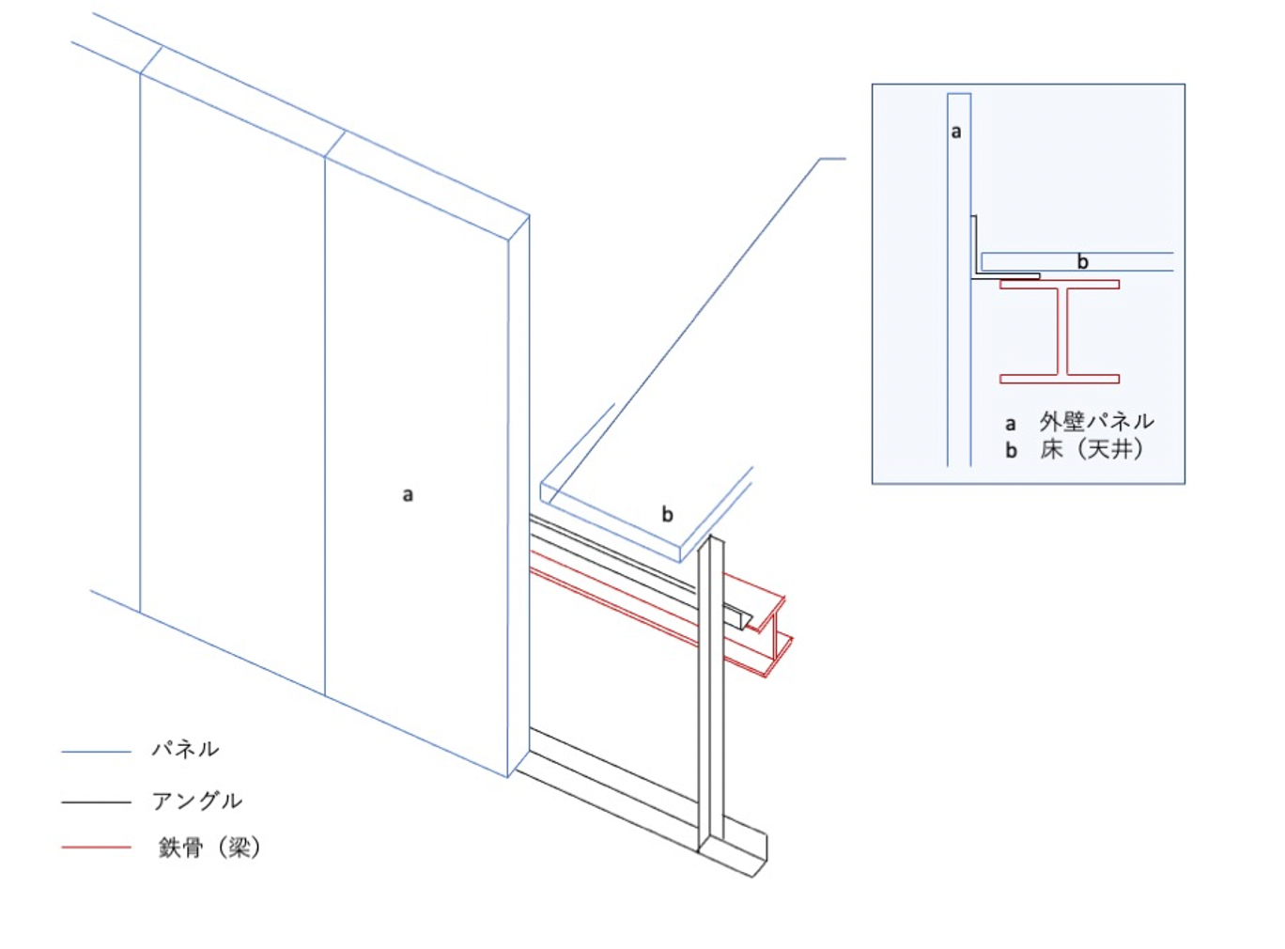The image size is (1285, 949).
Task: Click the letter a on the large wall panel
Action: (x=408, y=495)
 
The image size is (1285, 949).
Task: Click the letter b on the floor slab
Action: (x=668, y=515)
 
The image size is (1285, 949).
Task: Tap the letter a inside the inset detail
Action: (x=956, y=132)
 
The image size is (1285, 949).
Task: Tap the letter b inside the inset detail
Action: (x=1083, y=262)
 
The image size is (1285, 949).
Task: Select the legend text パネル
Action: (x=186, y=750)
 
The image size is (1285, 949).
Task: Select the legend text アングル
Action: (x=197, y=801)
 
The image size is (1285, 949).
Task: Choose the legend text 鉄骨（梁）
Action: (x=209, y=848)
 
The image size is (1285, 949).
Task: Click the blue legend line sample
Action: (x=96, y=752)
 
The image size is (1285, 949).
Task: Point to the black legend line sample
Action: (x=96, y=802)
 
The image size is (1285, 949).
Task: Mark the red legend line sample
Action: (x=96, y=848)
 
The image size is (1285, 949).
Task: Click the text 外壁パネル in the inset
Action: (x=1096, y=422)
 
